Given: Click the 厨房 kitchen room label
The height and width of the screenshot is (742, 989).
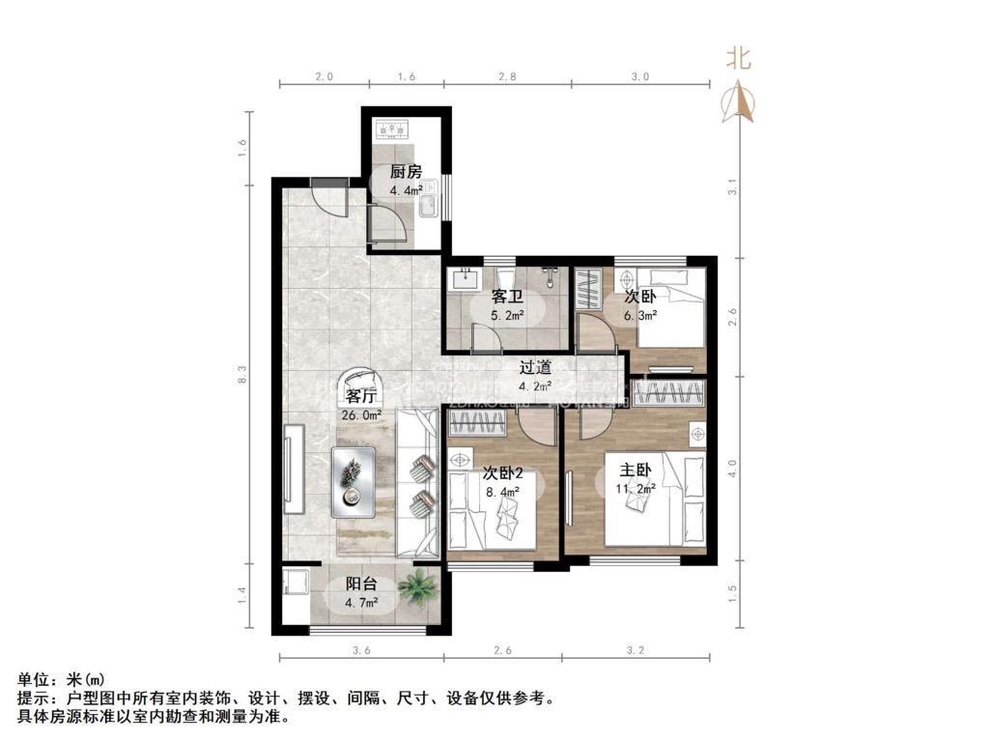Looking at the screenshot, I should (406, 173).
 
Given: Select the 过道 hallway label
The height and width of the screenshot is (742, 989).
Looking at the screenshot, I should (535, 367).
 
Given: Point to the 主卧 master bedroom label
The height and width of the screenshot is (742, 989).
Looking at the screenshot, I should (636, 471).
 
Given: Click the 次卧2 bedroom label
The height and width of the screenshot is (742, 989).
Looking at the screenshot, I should (502, 473).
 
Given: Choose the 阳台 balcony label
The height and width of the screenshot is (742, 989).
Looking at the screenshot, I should (362, 585).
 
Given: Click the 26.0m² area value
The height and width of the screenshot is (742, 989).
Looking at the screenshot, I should (361, 415).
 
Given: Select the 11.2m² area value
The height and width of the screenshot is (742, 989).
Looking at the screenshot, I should (637, 489).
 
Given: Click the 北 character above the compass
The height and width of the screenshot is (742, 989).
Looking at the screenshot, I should (739, 59).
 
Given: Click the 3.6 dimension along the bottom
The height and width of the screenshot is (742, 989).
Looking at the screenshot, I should (361, 650).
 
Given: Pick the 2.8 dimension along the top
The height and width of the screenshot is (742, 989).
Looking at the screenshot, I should (507, 75).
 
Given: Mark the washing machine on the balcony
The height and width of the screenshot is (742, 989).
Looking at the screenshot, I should (295, 585).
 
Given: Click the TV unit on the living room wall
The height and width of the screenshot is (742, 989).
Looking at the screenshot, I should (291, 465).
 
